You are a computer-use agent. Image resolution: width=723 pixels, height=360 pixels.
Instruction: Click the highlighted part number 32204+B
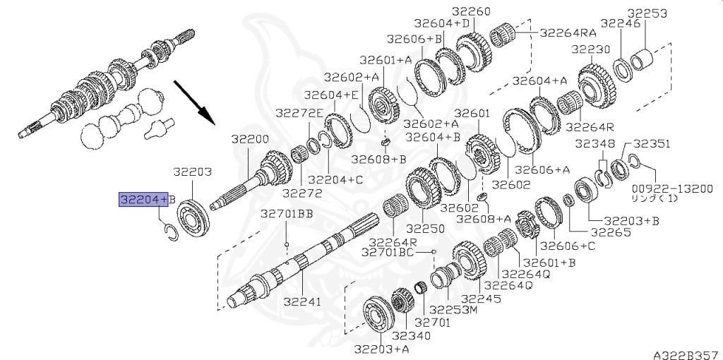(148, 200)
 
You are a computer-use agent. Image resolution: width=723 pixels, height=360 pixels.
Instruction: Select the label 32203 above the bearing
(192, 172)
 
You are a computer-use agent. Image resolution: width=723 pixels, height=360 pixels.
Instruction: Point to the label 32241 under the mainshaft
(302, 301)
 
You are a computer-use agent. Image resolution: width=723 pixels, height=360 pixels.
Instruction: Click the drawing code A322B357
(688, 355)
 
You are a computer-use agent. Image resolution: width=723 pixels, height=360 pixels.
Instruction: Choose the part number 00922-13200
(672, 188)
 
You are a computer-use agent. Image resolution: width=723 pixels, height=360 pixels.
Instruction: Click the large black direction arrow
(194, 102)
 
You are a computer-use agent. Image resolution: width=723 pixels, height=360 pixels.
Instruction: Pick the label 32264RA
(568, 32)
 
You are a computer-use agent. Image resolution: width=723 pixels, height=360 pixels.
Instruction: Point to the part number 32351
(650, 144)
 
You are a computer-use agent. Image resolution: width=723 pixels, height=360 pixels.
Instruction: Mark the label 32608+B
(378, 160)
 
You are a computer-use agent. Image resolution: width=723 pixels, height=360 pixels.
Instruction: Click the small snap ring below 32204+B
(171, 232)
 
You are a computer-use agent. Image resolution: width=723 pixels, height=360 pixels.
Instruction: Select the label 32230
(591, 49)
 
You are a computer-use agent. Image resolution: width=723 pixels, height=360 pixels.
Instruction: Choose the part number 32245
(481, 299)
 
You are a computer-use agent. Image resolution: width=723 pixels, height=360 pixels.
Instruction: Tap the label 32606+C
(568, 246)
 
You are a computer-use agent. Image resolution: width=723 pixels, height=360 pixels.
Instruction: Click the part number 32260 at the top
(471, 11)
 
